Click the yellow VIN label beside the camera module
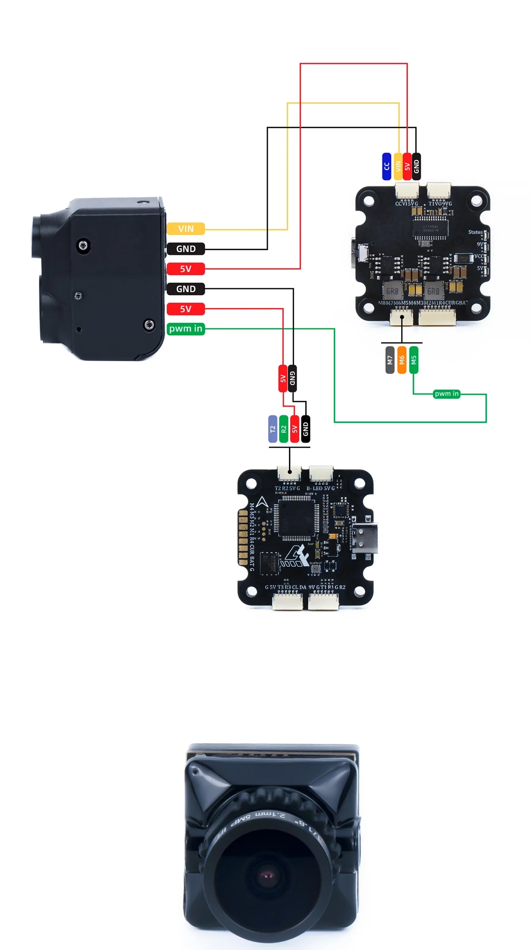coord(185,229)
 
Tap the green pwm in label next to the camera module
coord(185,329)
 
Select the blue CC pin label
coord(386,166)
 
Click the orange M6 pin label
coord(402,360)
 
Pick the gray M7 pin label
coord(390,360)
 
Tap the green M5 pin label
coord(414,360)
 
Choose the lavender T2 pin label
coord(272,429)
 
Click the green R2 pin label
coord(283,429)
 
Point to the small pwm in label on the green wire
coord(446,394)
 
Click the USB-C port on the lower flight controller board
coord(364,538)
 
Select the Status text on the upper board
coord(475,232)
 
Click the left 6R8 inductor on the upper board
coord(392,291)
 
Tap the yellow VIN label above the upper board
coord(398,166)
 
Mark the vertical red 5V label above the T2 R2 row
coord(283,378)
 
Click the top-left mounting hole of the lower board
coord(251,483)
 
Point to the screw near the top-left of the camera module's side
coord(83,246)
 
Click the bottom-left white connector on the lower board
coord(287,602)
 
